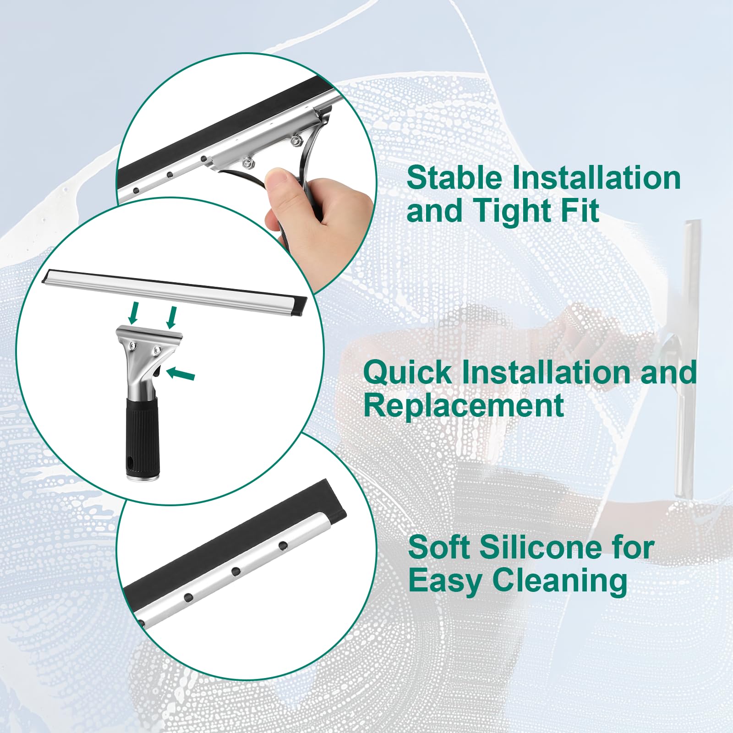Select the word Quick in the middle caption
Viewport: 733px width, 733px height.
point(408,372)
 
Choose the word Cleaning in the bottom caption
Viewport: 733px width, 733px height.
point(559,581)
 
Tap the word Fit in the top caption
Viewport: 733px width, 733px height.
point(583,211)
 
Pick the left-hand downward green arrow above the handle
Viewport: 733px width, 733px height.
point(133,312)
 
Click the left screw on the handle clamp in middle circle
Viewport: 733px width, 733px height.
point(132,347)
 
